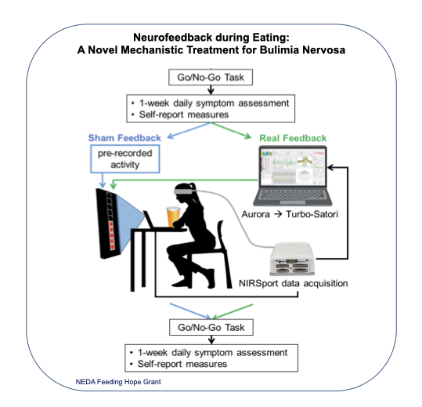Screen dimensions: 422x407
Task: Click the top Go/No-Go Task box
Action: (x=211, y=78)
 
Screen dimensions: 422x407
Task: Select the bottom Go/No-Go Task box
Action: (x=211, y=327)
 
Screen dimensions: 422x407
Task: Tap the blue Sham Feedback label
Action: (x=124, y=138)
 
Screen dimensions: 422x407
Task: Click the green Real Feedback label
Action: (x=293, y=138)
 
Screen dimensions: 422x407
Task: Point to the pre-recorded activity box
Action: (x=125, y=158)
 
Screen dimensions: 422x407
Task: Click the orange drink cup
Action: (x=173, y=217)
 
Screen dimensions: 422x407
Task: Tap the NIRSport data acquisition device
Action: (x=292, y=259)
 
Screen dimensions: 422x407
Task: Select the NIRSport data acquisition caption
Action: (x=294, y=284)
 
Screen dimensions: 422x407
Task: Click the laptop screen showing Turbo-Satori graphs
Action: (x=293, y=168)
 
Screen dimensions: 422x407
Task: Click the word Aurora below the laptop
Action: (x=255, y=214)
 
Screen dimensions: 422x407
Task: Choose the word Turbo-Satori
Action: (x=312, y=214)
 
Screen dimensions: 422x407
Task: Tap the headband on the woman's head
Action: (x=182, y=191)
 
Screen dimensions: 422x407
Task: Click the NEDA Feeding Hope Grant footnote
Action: (x=118, y=382)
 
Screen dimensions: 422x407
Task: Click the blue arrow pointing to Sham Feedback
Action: (x=189, y=130)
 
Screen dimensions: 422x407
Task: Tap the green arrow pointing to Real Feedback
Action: (x=232, y=131)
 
